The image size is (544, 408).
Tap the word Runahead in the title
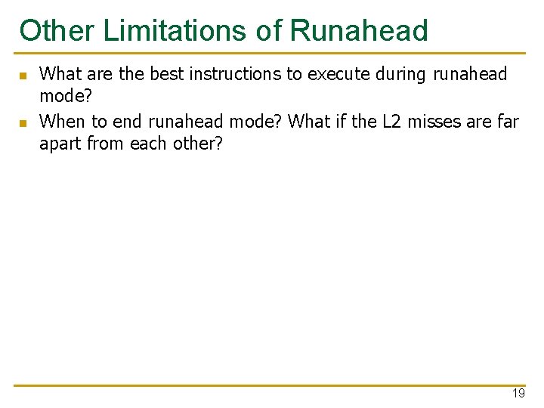(359, 31)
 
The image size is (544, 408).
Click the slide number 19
(518, 394)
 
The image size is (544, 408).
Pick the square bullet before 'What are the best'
(23, 76)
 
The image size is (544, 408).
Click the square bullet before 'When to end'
(23, 122)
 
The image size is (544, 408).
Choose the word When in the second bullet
(62, 121)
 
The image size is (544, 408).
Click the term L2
(393, 121)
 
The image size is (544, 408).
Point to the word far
(508, 121)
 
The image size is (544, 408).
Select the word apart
(60, 144)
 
